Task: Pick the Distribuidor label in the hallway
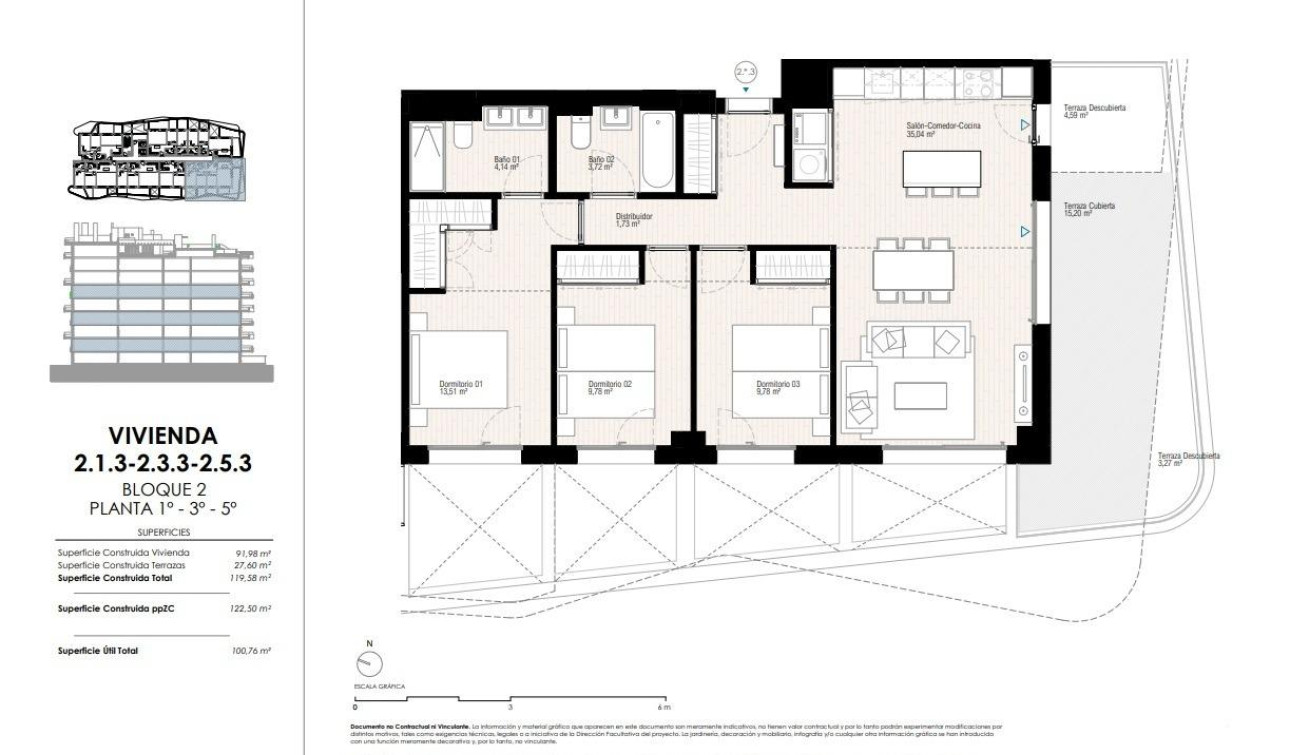point(633,219)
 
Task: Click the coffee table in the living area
point(920,396)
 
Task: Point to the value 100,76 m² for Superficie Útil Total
point(251,651)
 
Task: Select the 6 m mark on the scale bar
point(668,706)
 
